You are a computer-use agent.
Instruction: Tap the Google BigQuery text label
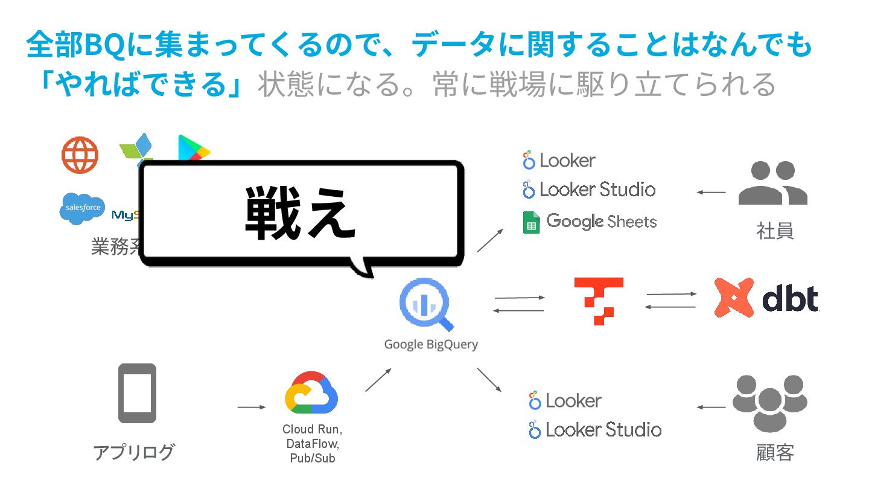[431, 345]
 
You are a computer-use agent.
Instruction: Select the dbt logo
[766, 298]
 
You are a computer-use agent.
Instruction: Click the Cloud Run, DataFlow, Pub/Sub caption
[311, 444]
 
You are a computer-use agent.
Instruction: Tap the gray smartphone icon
[137, 392]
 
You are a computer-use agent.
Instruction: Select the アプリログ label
[134, 452]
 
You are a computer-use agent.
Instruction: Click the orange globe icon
[80, 155]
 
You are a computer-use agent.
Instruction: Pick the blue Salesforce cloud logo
[82, 208]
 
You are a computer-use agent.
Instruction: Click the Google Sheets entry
[589, 222]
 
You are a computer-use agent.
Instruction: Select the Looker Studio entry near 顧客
[594, 430]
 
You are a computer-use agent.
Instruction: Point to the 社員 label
[774, 231]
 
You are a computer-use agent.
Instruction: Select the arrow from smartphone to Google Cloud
[251, 407]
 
